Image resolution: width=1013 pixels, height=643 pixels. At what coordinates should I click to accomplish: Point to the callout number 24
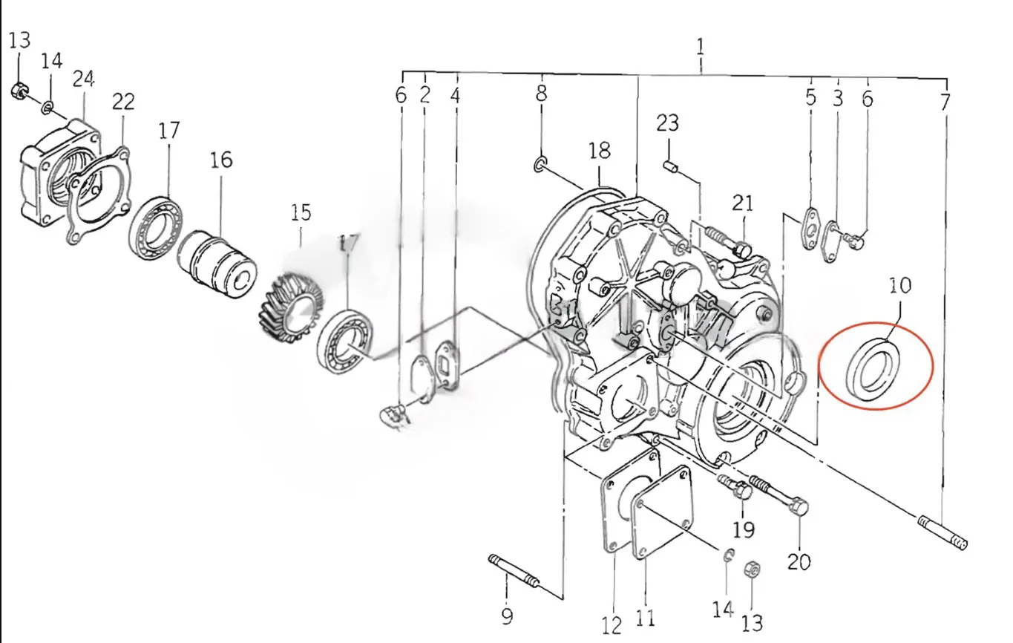coord(84,78)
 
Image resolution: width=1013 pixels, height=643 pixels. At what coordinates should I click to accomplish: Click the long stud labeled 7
coord(943,532)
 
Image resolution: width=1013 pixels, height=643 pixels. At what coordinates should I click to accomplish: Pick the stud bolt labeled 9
coord(514,570)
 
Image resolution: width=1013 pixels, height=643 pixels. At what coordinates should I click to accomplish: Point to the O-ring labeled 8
coord(540,163)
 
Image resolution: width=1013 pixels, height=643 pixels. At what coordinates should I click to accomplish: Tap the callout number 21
coord(742,203)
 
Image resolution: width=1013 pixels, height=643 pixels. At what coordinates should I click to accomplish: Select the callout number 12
coord(612,626)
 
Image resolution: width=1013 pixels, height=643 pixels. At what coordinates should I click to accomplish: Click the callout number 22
coord(123,102)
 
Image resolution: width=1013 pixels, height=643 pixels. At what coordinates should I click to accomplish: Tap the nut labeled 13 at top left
coord(19,91)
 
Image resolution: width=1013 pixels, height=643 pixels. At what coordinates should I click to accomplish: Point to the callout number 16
coord(220,159)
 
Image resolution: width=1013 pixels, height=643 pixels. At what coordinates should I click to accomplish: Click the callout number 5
coord(810,97)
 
